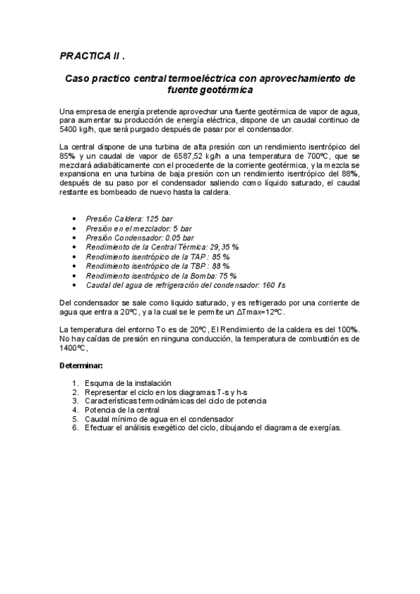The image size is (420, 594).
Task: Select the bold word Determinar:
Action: (81, 365)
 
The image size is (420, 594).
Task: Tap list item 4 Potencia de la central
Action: (122, 410)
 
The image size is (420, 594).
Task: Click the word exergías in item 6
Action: (323, 428)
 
